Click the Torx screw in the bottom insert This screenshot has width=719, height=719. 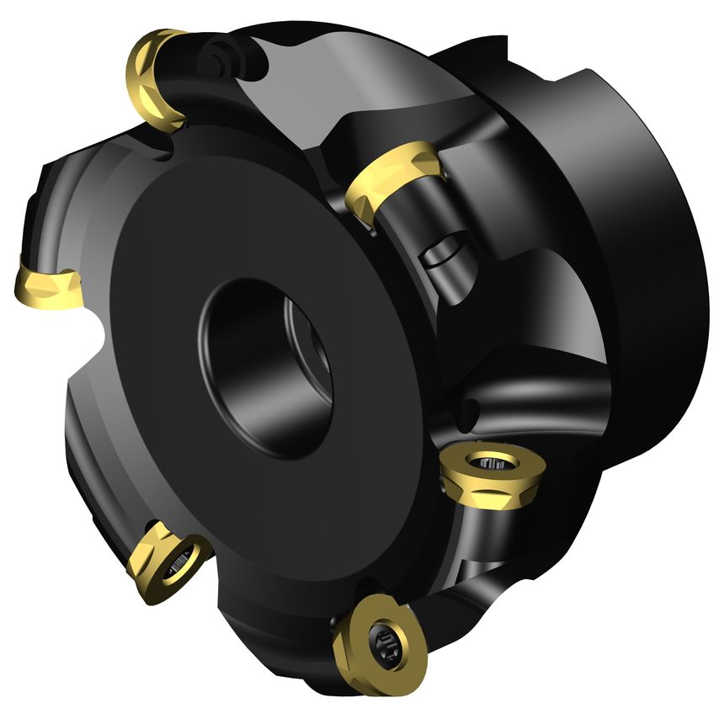[384, 645]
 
